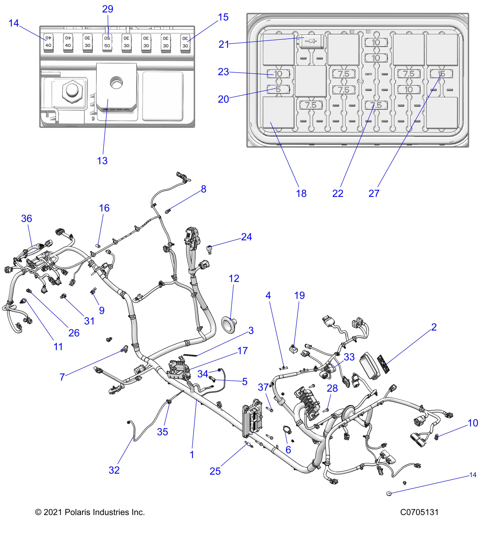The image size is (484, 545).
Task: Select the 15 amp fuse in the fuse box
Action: pos(441,74)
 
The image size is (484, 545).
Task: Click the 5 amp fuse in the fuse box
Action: pos(278,89)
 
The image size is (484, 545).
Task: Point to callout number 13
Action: pos(102,161)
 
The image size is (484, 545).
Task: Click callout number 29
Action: pos(108,9)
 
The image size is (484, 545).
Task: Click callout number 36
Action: pos(27,219)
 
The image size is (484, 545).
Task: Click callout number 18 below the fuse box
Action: pos(301,193)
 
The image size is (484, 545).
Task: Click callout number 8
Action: pos(203,189)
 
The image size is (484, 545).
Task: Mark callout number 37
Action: pos(263,387)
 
